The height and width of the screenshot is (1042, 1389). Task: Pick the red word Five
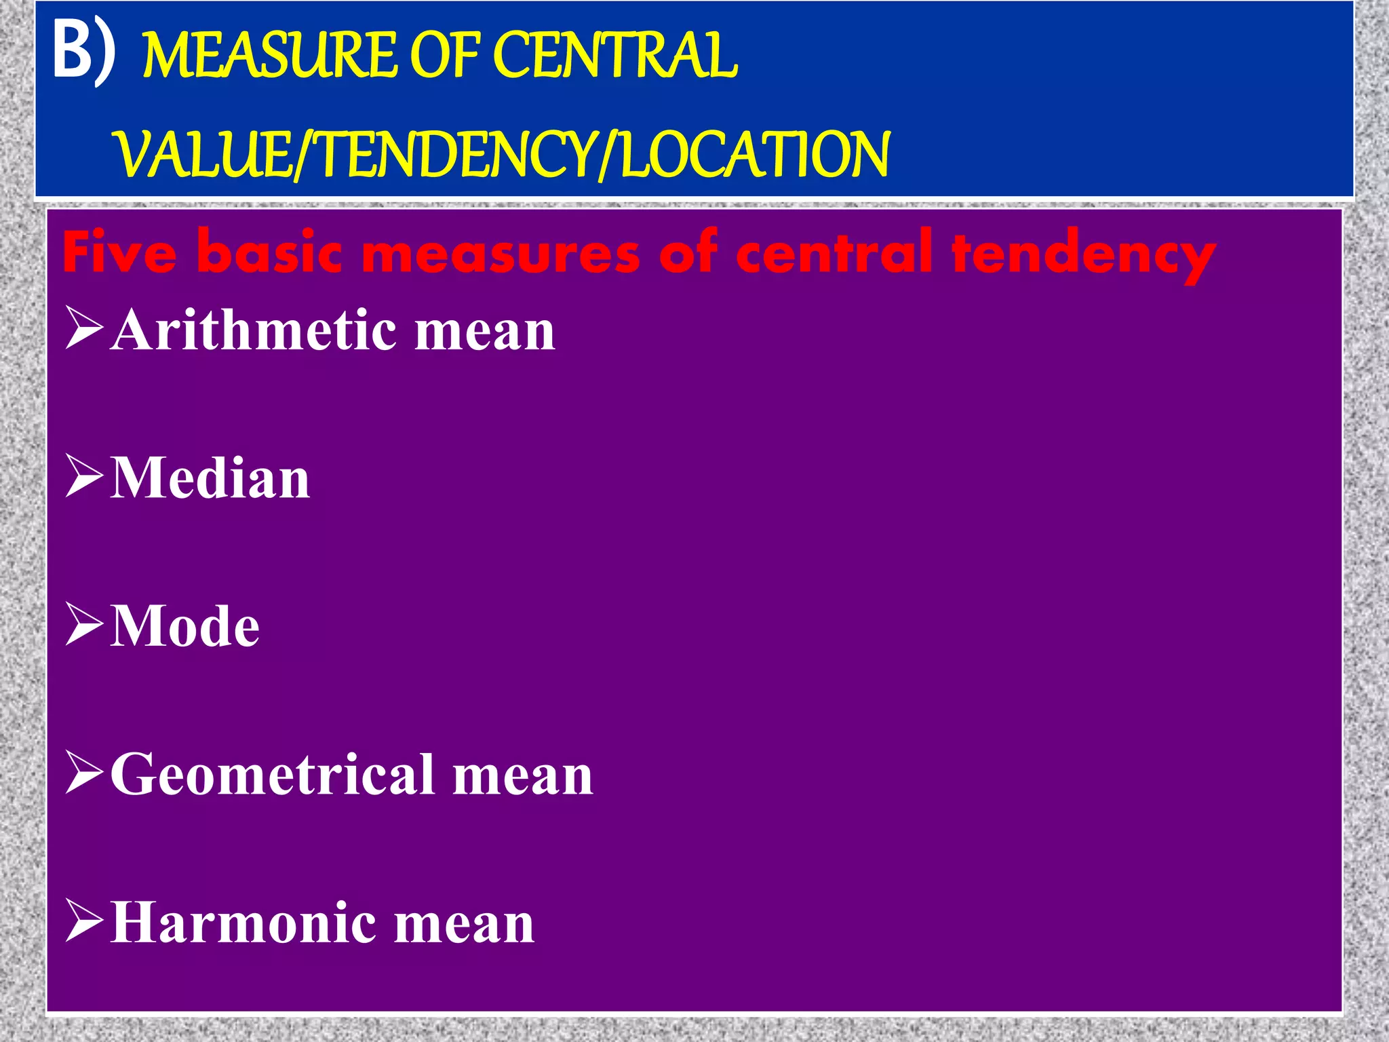pyautogui.click(x=120, y=252)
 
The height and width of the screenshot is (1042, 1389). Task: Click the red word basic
pyautogui.click(x=272, y=252)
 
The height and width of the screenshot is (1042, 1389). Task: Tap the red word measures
pyautogui.click(x=502, y=252)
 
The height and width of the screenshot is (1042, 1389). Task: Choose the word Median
pyautogui.click(x=210, y=478)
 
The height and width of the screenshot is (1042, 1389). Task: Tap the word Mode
pyautogui.click(x=185, y=625)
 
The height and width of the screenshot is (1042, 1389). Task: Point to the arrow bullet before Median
pyautogui.click(x=84, y=478)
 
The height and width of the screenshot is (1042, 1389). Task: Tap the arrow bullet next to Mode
pyautogui.click(x=84, y=625)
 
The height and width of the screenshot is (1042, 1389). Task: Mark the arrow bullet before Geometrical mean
pyautogui.click(x=84, y=774)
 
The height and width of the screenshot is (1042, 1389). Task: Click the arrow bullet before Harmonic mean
pyautogui.click(x=84, y=922)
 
